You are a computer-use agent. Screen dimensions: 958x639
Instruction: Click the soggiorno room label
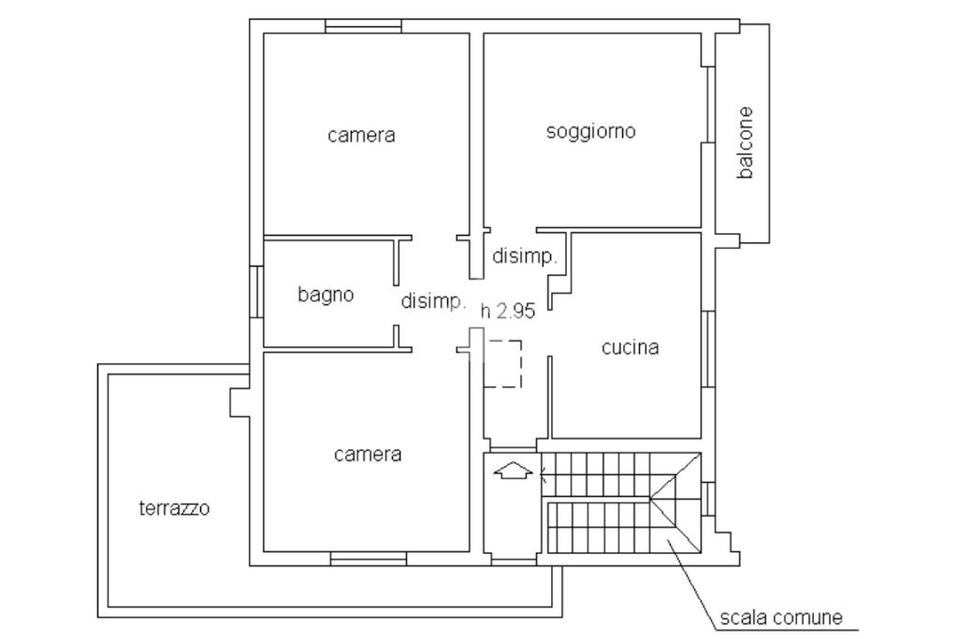pyautogui.click(x=591, y=132)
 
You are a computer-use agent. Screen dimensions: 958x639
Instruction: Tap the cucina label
pyautogui.click(x=630, y=348)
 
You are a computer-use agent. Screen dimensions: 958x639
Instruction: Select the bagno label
pyautogui.click(x=326, y=295)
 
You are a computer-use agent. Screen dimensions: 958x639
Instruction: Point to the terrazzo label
pyautogui.click(x=174, y=508)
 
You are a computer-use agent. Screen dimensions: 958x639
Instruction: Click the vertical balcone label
pyautogui.click(x=745, y=142)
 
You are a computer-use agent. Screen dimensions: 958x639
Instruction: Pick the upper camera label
pyautogui.click(x=361, y=135)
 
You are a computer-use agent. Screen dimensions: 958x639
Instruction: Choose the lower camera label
pyautogui.click(x=368, y=455)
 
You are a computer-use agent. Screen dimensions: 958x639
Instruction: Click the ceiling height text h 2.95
pyautogui.click(x=508, y=312)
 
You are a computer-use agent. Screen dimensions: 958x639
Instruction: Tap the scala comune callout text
pyautogui.click(x=781, y=617)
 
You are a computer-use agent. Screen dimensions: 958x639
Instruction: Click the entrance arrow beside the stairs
pyautogui.click(x=513, y=471)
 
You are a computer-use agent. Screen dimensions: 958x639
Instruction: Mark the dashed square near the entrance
pyautogui.click(x=502, y=364)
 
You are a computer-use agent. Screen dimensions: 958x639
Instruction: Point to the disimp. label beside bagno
pyautogui.click(x=434, y=301)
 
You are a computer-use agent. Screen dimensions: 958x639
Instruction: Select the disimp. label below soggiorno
pyautogui.click(x=525, y=256)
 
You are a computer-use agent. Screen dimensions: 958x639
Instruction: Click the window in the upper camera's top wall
pyautogui.click(x=363, y=25)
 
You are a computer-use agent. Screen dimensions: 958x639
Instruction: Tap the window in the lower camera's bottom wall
pyautogui.click(x=369, y=559)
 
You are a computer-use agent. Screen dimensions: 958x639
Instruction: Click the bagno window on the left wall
pyautogui.click(x=256, y=291)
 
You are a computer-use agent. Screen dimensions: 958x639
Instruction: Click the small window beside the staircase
pyautogui.click(x=707, y=499)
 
